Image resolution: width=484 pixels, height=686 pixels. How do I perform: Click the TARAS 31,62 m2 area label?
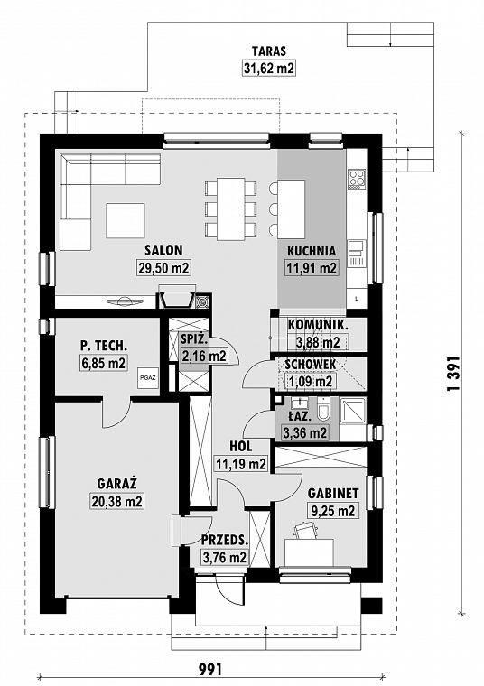[269, 68]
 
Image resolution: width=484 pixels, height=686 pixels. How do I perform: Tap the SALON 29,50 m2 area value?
[163, 268]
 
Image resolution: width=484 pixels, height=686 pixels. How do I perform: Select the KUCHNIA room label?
[312, 252]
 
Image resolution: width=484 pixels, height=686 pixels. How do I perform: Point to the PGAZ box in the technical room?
[148, 380]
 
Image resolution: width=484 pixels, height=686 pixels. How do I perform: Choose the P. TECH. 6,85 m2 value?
[102, 364]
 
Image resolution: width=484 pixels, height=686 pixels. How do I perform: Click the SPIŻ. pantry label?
[195, 339]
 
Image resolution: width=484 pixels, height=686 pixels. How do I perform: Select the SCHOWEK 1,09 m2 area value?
[311, 381]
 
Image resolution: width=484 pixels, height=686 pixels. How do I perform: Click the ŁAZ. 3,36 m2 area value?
[305, 433]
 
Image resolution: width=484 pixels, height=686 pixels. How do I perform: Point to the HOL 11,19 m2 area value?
[240, 464]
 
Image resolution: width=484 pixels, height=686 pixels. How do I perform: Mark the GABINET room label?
[333, 494]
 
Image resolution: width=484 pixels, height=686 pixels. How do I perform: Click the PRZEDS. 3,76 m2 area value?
[224, 558]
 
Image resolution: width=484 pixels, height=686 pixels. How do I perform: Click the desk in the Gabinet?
[309, 549]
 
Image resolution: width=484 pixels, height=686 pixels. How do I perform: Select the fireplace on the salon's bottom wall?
[177, 299]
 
